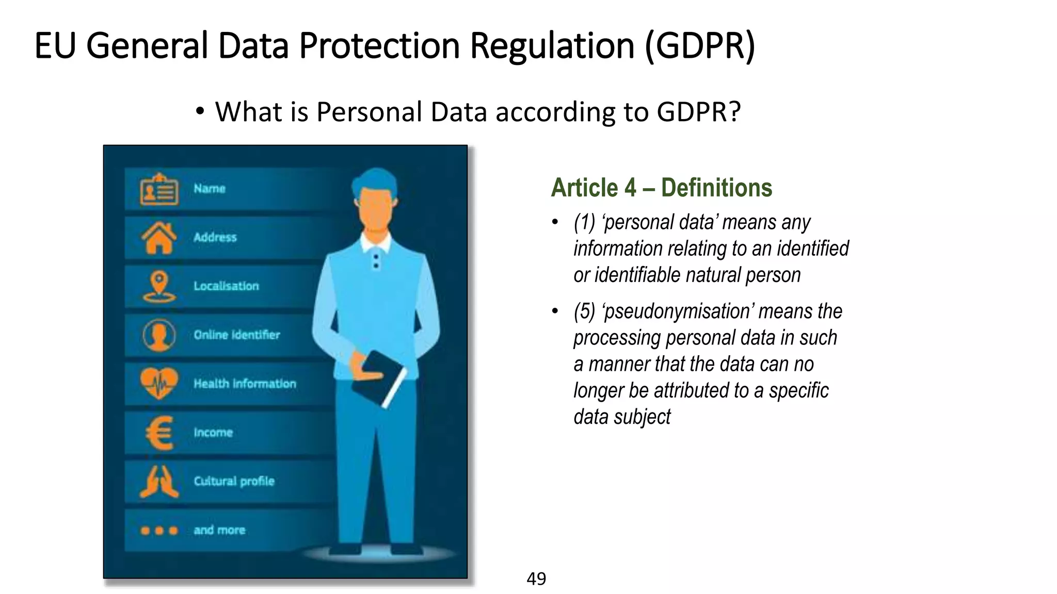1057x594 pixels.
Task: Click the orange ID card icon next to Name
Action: (159, 189)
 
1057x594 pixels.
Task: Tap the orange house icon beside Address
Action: (159, 238)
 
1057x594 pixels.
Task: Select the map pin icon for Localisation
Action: (159, 286)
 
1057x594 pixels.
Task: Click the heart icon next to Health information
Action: (159, 383)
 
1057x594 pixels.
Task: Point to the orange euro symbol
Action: (159, 432)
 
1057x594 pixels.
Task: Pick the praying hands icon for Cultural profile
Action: (159, 481)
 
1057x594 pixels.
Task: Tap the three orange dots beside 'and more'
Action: (159, 530)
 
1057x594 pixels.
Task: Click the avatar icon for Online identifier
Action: (159, 335)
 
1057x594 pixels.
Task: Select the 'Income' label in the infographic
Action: (213, 433)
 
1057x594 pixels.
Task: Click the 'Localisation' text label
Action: (226, 286)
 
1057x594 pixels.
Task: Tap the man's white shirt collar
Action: (375, 242)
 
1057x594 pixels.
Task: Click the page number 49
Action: (536, 579)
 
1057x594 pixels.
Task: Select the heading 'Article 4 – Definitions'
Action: (661, 188)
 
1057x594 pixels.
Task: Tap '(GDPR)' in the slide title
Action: (700, 45)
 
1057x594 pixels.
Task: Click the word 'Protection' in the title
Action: (379, 45)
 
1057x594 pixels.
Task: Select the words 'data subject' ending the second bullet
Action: (622, 417)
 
